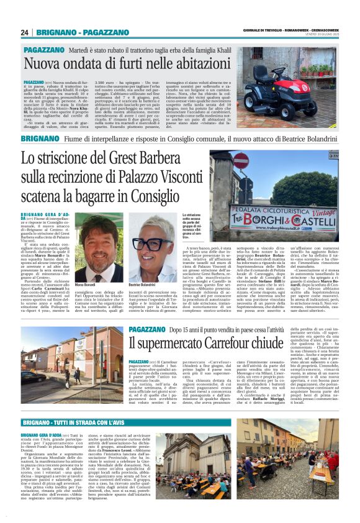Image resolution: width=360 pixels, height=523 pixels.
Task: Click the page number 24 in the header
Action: pos(24,32)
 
